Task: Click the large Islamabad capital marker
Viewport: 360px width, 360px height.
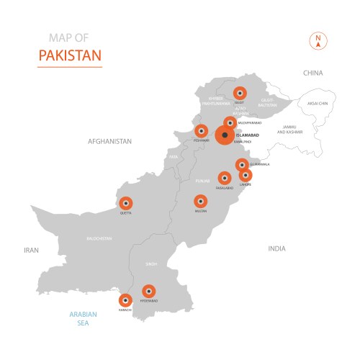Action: tap(225, 135)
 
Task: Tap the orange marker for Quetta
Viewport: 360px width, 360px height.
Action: tap(126, 203)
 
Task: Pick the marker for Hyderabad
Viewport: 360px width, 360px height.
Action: tap(149, 291)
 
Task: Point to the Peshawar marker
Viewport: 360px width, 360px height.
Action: tap(202, 131)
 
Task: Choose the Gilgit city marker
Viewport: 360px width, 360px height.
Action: tap(240, 93)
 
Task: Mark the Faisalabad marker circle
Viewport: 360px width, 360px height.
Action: tap(224, 177)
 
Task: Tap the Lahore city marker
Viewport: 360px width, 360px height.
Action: tap(246, 174)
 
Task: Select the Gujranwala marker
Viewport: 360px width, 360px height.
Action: tap(242, 164)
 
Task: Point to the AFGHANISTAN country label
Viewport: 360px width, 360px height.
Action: tap(109, 142)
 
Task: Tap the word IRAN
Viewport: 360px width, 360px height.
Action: tap(30, 250)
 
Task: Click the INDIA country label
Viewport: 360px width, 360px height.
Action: tap(276, 248)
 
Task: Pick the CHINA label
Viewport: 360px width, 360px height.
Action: tap(312, 73)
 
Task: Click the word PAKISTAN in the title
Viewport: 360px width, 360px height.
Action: tap(69, 55)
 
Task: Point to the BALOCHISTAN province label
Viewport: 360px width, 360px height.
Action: tap(99, 238)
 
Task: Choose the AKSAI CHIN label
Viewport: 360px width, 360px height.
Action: tap(318, 104)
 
